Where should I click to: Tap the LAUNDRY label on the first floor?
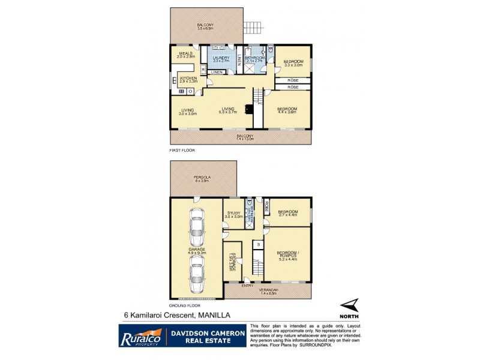tap(221, 58)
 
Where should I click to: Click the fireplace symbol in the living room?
tap(248, 110)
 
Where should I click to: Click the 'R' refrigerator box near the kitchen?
tap(204, 70)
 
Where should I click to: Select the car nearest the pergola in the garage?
tap(197, 228)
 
